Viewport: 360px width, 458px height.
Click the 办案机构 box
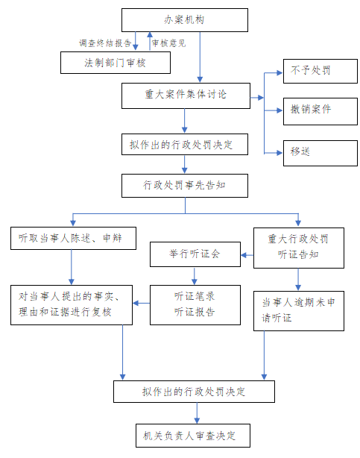185,20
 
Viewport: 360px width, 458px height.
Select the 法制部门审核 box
116,63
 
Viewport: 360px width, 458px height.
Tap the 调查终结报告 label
105,43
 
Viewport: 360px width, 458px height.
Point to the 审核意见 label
168,43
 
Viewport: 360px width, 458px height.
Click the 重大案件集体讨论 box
186,95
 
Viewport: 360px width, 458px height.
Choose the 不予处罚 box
320,72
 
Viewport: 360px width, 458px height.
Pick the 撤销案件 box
320,112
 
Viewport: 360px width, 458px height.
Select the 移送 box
320,153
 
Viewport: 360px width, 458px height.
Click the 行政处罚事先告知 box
185,186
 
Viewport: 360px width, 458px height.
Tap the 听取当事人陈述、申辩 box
73,239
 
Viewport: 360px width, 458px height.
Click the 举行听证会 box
195,254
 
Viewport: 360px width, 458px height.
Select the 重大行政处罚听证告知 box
299,248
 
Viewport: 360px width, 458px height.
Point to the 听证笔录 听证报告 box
195,305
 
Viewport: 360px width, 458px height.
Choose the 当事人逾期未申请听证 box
299,311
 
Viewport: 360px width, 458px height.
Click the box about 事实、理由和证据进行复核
72,305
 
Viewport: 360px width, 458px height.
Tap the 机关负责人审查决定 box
193,436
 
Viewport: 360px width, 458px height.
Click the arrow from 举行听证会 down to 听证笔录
195,276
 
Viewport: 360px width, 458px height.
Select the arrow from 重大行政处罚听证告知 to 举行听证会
247,255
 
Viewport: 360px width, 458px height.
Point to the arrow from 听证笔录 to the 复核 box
142,303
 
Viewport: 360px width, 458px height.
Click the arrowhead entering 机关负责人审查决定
197,421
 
